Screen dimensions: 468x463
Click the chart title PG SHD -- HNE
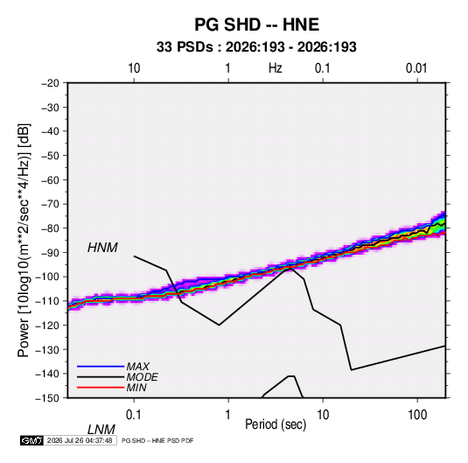tap(256, 25)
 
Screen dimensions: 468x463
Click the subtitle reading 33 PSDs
tap(185, 47)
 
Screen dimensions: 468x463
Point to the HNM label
tap(102, 248)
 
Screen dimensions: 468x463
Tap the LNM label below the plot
tap(101, 430)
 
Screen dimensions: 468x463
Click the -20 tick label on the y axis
tap(50, 83)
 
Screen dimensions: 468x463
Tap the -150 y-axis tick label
tap(47, 398)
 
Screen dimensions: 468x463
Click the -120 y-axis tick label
tap(47, 326)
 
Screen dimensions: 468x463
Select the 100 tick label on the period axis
tap(416, 414)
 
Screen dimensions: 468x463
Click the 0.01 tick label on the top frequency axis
tap(416, 68)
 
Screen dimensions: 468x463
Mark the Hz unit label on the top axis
tap(276, 68)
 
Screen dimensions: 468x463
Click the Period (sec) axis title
tap(276, 424)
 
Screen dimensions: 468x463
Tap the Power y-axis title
tap(24, 241)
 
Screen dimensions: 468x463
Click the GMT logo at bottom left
tap(31, 440)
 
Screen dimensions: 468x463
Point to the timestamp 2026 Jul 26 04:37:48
tap(80, 440)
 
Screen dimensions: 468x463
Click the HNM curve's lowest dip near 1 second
tap(219, 325)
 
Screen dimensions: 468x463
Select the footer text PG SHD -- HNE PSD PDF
tap(157, 440)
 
